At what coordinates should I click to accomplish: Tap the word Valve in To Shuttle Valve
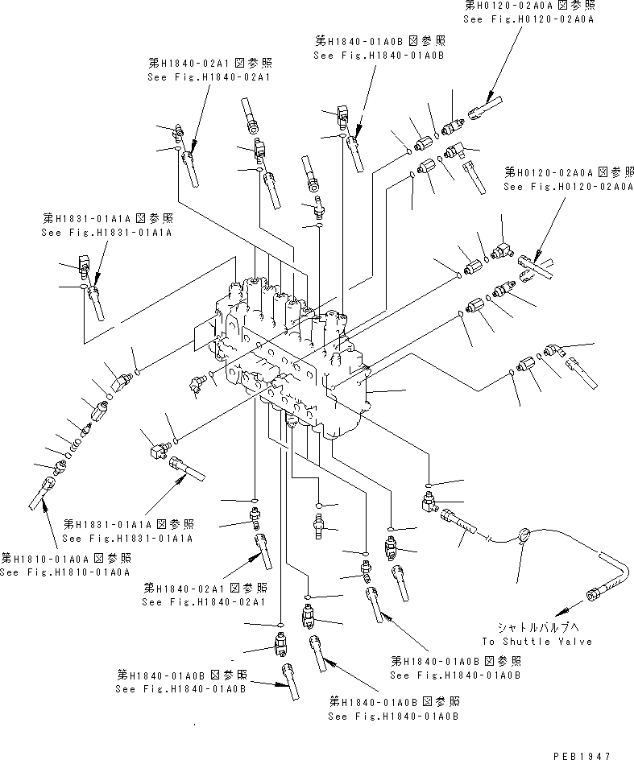pyautogui.click(x=574, y=641)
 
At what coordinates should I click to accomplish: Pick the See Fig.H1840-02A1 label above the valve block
pyautogui.click(x=209, y=76)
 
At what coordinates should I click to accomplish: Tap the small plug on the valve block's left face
pyautogui.click(x=196, y=383)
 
